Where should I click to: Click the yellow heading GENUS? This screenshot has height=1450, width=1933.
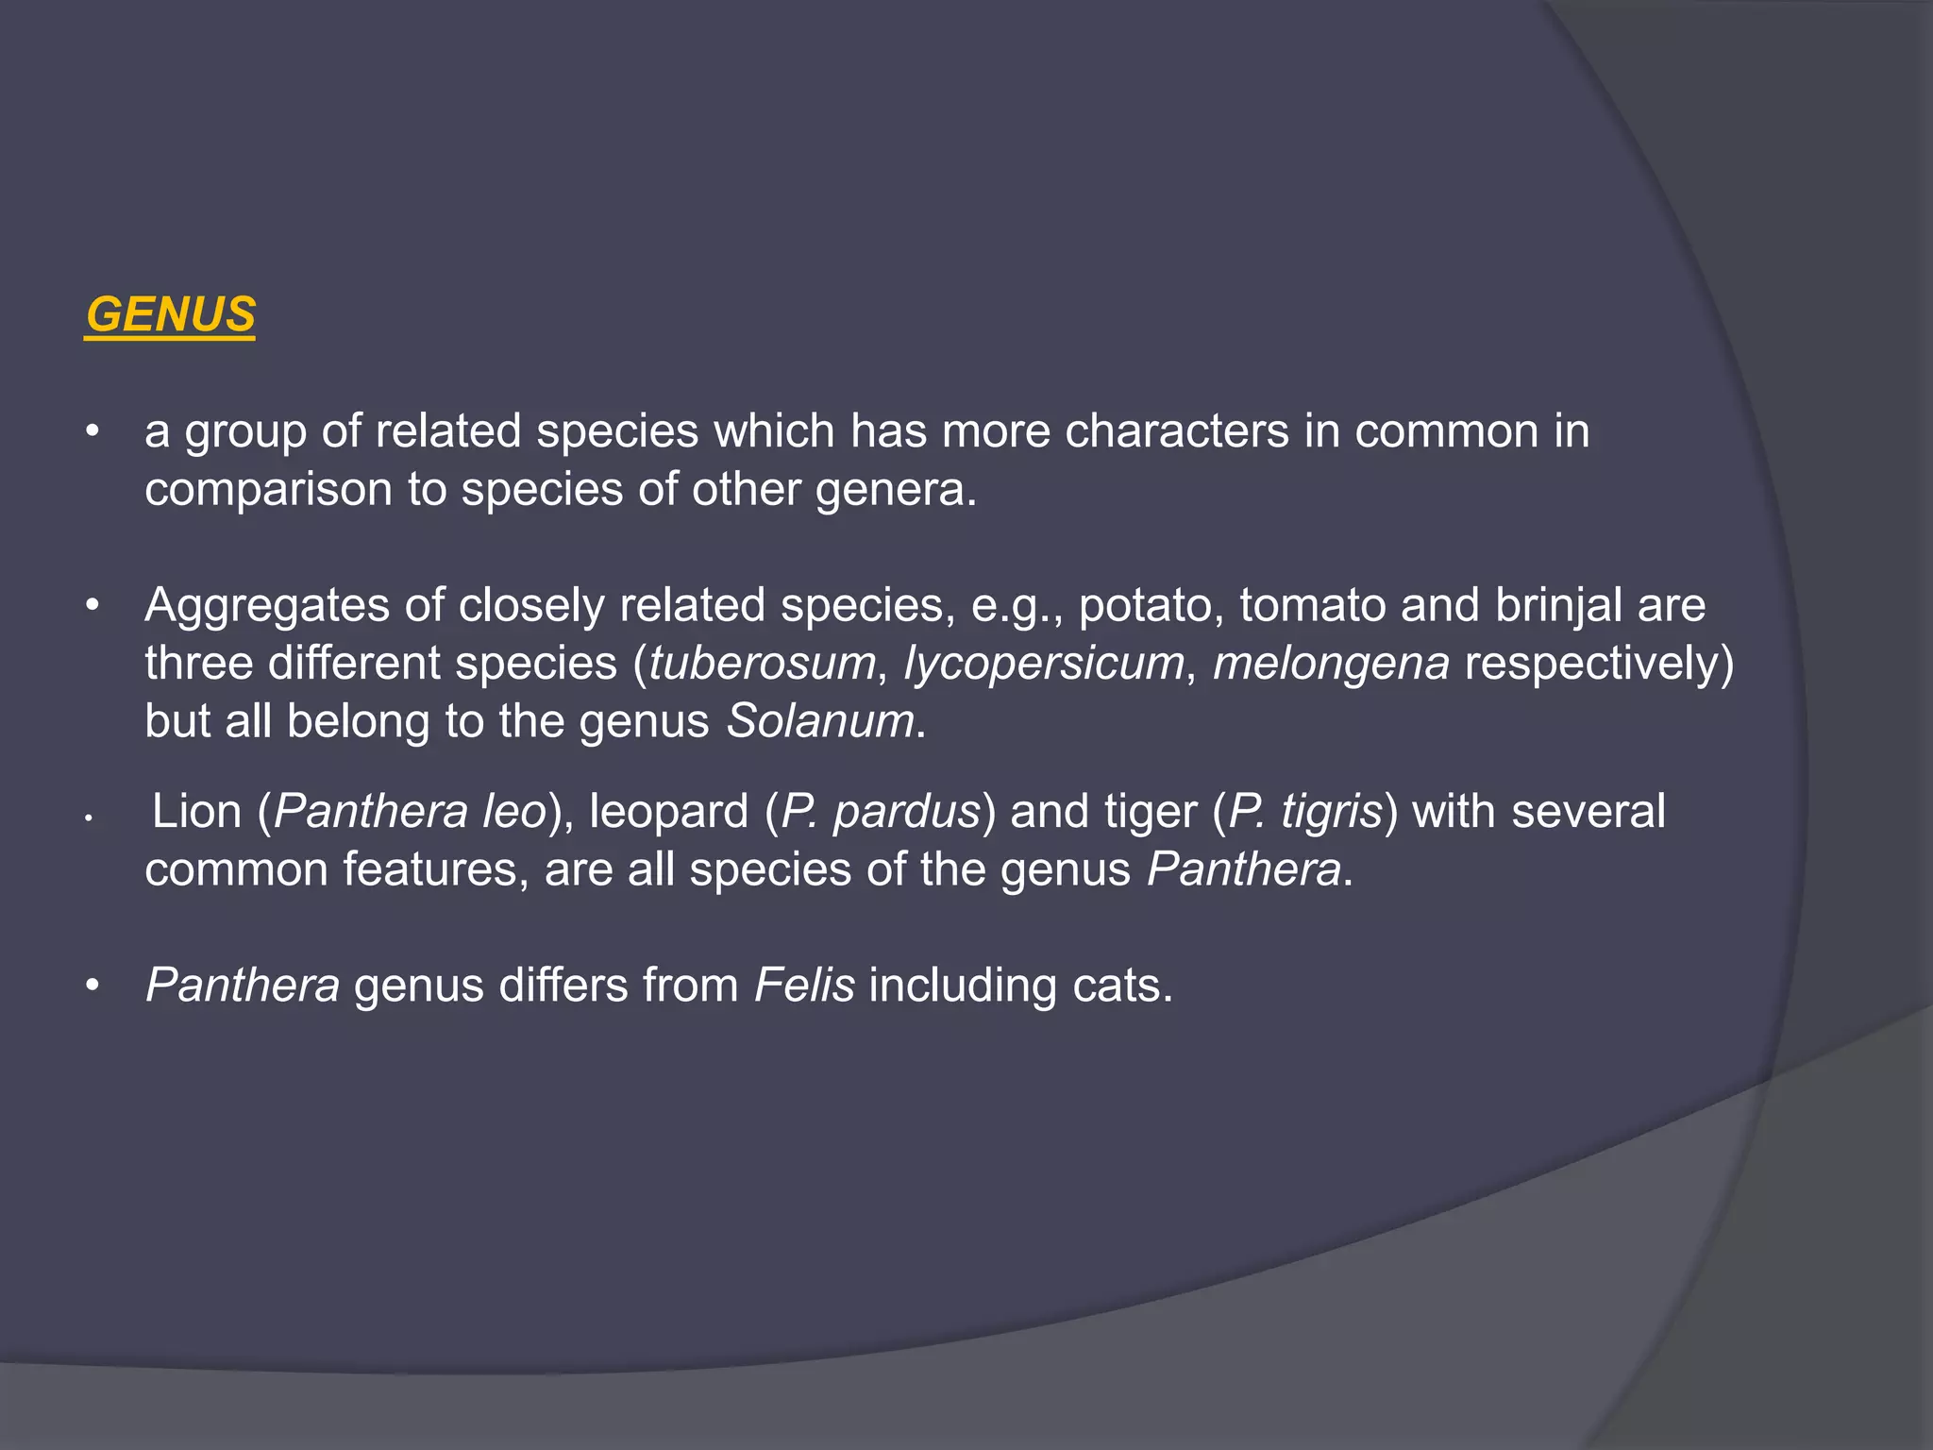click(170, 314)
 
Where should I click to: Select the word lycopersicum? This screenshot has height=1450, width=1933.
click(1044, 663)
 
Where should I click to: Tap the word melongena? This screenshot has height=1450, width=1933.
click(1331, 663)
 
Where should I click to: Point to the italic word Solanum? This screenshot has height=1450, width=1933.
click(820, 721)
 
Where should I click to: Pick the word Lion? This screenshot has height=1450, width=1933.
click(196, 812)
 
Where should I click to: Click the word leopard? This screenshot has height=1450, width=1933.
click(668, 812)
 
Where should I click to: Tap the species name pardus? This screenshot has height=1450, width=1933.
click(907, 812)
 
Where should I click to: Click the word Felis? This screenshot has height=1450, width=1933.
click(804, 986)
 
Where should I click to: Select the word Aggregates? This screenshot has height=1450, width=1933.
click(267, 605)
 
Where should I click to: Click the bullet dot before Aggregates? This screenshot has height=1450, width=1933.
click(92, 604)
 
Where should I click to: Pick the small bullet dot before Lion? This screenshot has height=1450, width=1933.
click(87, 818)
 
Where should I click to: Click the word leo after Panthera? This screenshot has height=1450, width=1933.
click(514, 812)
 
